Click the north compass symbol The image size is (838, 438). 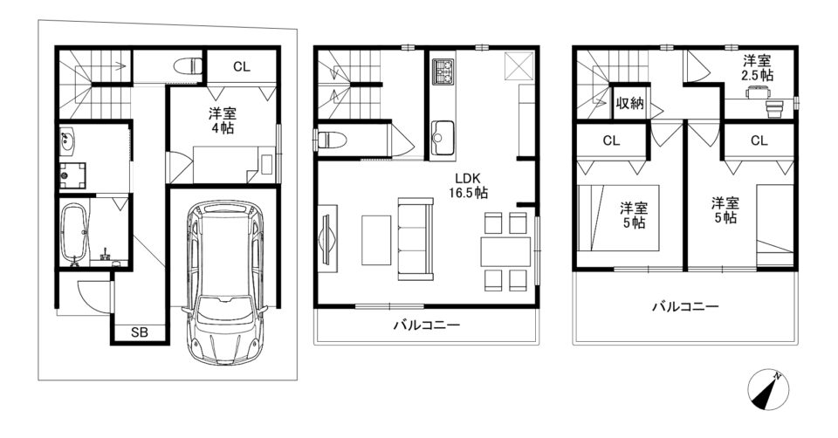pos(768,389)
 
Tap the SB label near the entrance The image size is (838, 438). pos(140,332)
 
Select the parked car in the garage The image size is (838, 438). pos(224,282)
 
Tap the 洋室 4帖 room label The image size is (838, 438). pos(223,120)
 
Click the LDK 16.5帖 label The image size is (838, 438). pos(468,185)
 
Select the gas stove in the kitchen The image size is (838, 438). pos(443,71)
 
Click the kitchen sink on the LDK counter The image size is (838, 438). pos(443,132)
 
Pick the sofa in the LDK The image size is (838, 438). pos(416,238)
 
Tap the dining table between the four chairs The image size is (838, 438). pos(505,251)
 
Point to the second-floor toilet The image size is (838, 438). pos(333,140)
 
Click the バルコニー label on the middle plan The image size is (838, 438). pos(427,325)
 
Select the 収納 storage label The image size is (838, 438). pos(630,103)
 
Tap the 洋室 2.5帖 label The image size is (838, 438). pos(757,67)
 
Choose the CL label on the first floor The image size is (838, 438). pos(241,67)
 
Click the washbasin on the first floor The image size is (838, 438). pos(67,140)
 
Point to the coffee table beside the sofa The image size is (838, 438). pos(377,240)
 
